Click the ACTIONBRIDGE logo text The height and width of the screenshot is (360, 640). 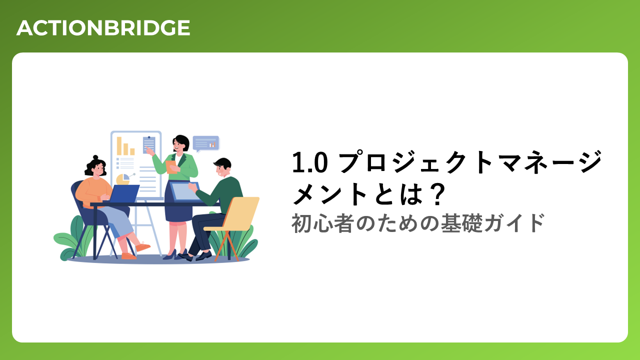click(103, 27)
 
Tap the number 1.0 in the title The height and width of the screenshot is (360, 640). click(309, 162)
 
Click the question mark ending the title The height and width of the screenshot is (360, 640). click(437, 194)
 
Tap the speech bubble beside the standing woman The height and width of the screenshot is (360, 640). click(206, 143)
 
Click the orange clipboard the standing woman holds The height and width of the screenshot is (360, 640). click(171, 167)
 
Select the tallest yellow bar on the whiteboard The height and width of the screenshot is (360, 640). click(119, 146)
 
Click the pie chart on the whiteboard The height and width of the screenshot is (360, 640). click(123, 179)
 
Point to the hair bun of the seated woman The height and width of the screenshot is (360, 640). click(95, 157)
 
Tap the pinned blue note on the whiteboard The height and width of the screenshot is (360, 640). click(149, 145)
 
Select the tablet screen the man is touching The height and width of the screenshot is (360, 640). click(185, 191)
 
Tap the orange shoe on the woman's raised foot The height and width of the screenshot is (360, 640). click(142, 246)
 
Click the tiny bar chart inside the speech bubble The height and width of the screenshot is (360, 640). click(212, 145)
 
